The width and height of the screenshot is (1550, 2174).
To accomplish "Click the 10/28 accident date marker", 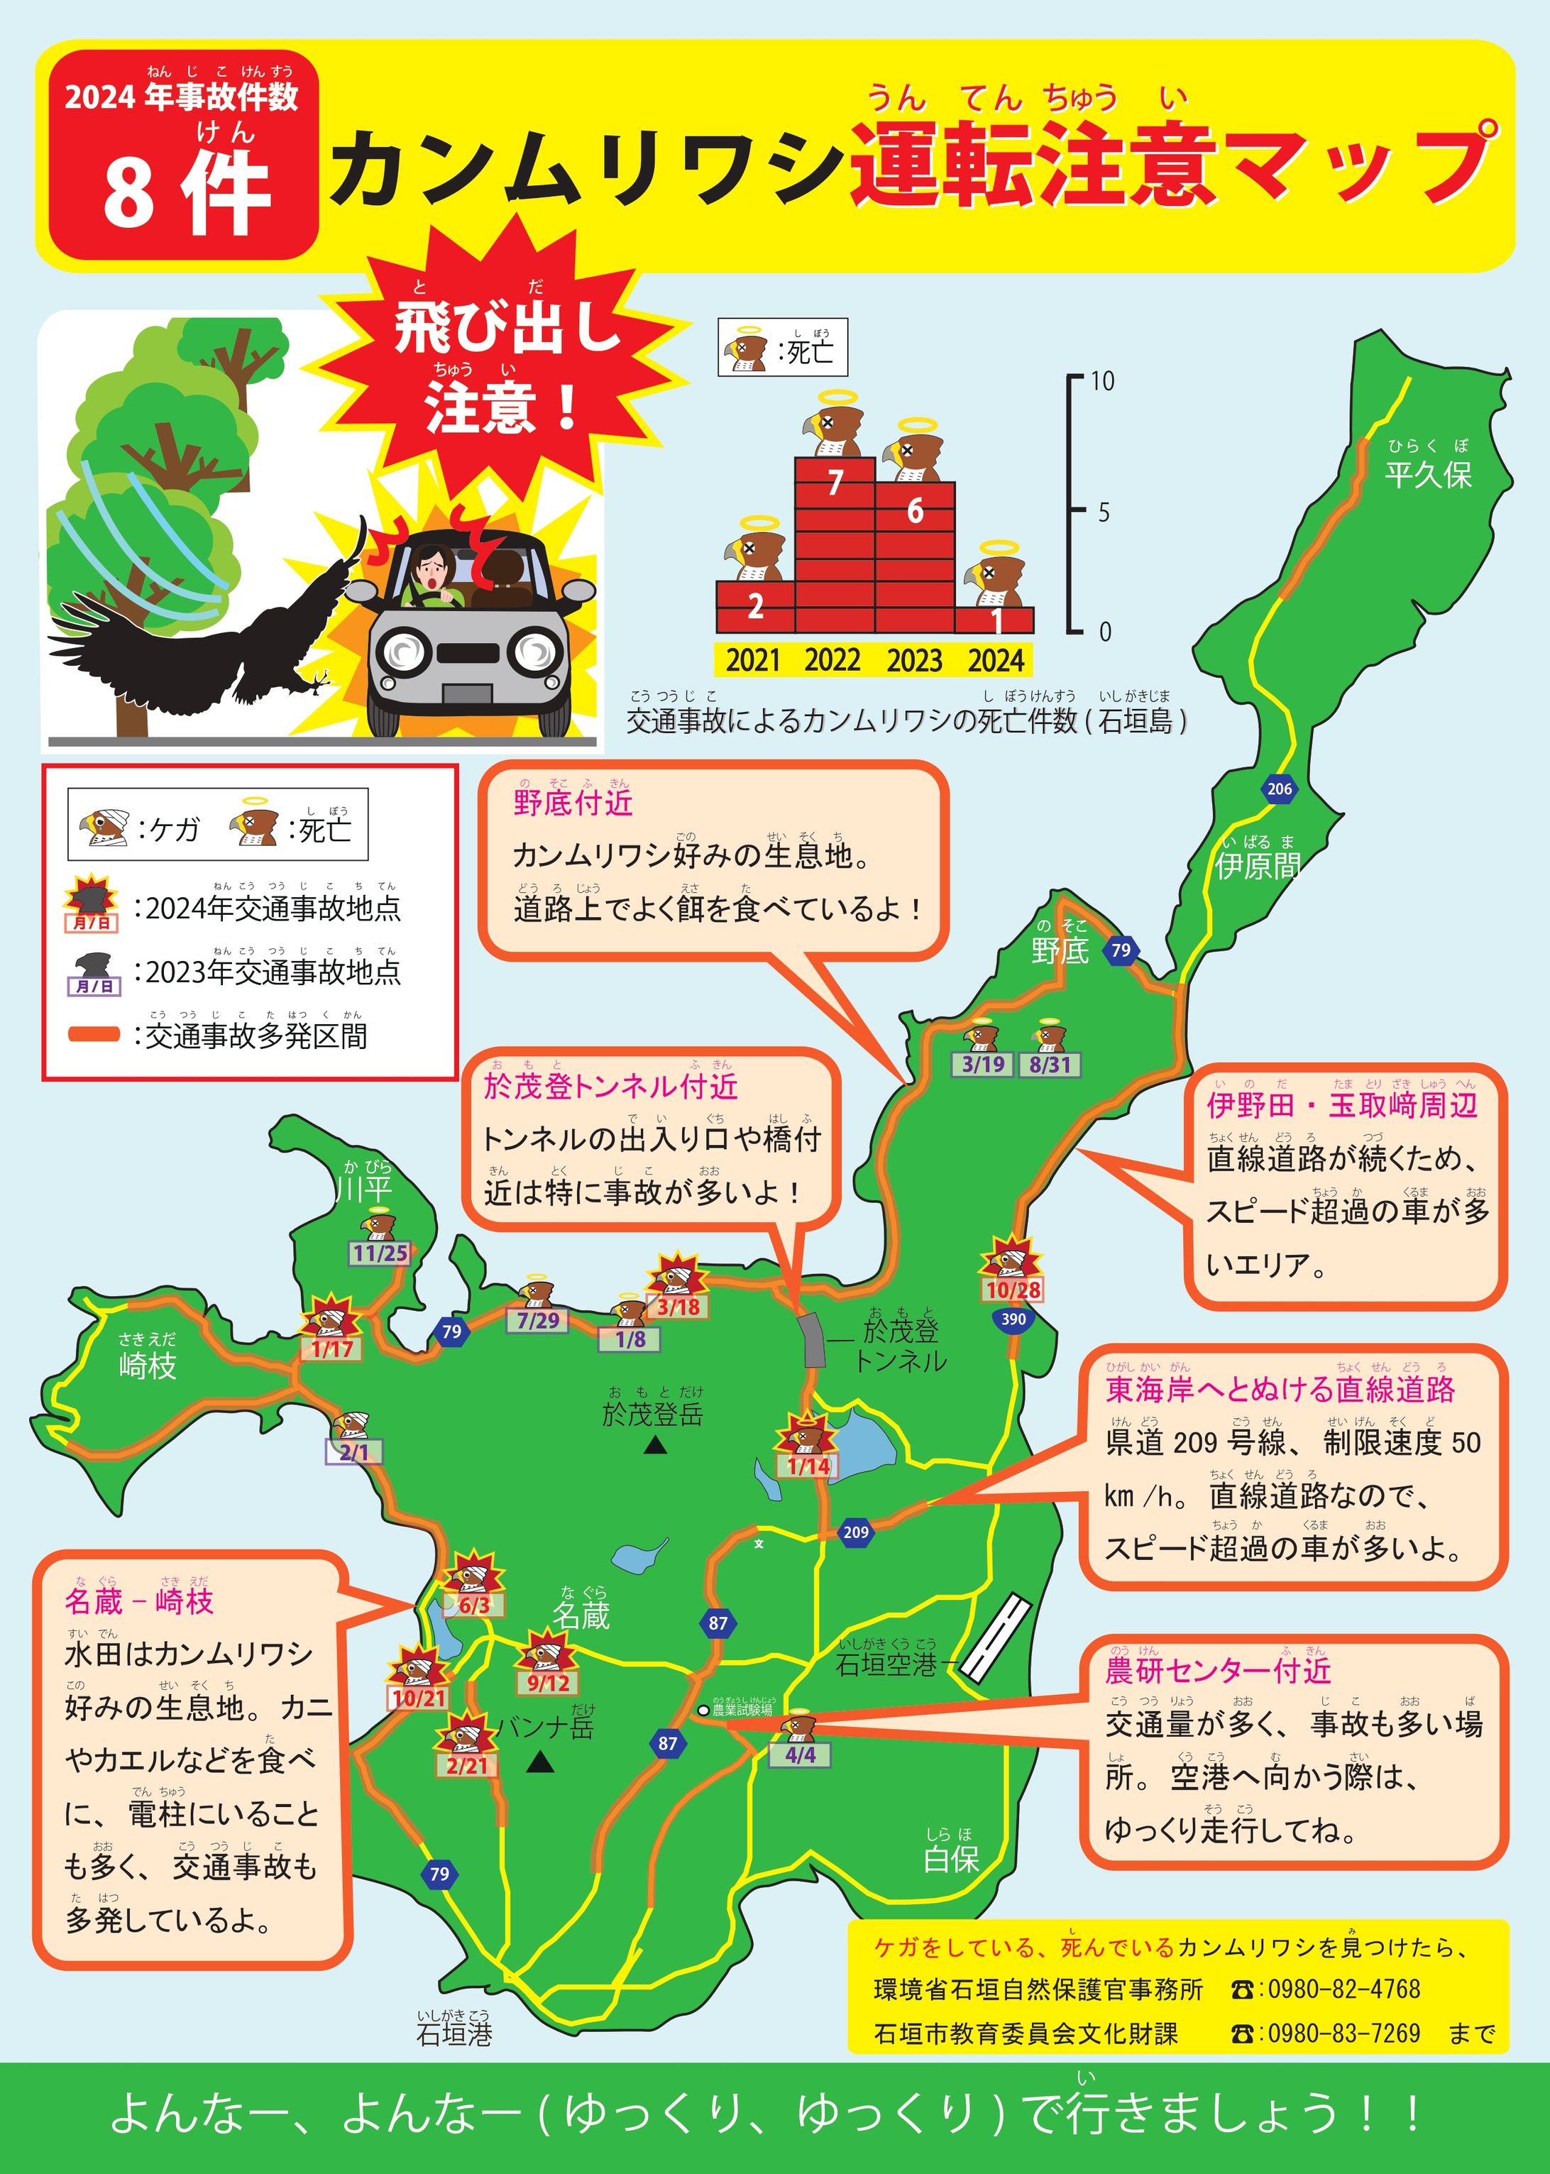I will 1013,1290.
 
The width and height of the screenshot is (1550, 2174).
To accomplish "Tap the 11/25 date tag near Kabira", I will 380,1253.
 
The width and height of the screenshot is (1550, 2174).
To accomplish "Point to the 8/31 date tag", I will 1050,1064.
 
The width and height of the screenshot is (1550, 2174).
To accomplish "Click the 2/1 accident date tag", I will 354,1452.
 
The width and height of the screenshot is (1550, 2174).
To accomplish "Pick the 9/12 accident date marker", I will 548,1683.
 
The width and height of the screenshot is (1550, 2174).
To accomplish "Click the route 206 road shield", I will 1279,789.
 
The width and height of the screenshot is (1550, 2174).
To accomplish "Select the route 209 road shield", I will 855,1532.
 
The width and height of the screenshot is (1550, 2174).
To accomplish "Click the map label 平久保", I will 1428,474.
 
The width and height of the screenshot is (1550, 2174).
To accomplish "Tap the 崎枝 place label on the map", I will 148,1366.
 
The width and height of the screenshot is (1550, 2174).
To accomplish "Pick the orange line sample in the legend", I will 94,1033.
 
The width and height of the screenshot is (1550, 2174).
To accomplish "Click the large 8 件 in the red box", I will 186,194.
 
